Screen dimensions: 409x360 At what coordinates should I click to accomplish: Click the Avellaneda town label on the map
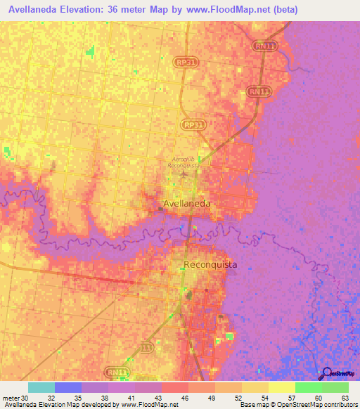186,204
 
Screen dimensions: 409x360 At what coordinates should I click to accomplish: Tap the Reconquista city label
210,265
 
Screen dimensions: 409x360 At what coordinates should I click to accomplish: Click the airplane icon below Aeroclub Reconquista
184,174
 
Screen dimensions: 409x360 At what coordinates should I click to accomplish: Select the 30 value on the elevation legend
27,397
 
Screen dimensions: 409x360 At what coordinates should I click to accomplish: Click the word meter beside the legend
11,397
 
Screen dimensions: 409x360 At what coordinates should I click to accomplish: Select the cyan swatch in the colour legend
41,387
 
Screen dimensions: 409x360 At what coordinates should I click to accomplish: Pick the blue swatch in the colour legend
68,387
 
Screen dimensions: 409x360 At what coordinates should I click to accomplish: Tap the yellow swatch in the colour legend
282,387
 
